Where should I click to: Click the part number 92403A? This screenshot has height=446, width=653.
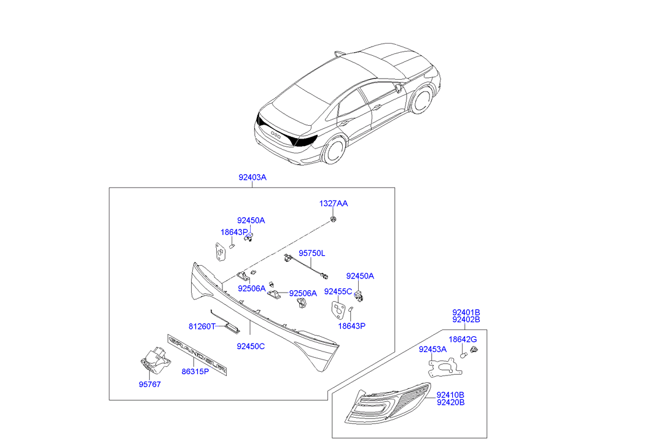[x=252, y=177]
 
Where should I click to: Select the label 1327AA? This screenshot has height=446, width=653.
[x=333, y=203]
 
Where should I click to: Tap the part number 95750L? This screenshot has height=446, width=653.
[x=312, y=253]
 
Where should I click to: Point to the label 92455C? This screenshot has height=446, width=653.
[x=338, y=291]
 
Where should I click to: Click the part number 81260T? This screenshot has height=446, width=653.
[x=202, y=326]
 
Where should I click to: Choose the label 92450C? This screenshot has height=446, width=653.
[x=251, y=346]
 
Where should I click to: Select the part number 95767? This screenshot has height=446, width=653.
[x=149, y=385]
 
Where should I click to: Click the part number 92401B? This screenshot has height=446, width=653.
[x=466, y=312]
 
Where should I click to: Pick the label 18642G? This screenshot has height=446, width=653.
[x=463, y=339]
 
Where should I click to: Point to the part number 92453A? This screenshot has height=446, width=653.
[x=433, y=349]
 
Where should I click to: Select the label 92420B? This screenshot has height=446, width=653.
[x=450, y=402]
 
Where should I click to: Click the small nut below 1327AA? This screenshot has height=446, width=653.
[x=333, y=219]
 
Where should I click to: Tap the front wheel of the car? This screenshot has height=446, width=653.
[x=421, y=100]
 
